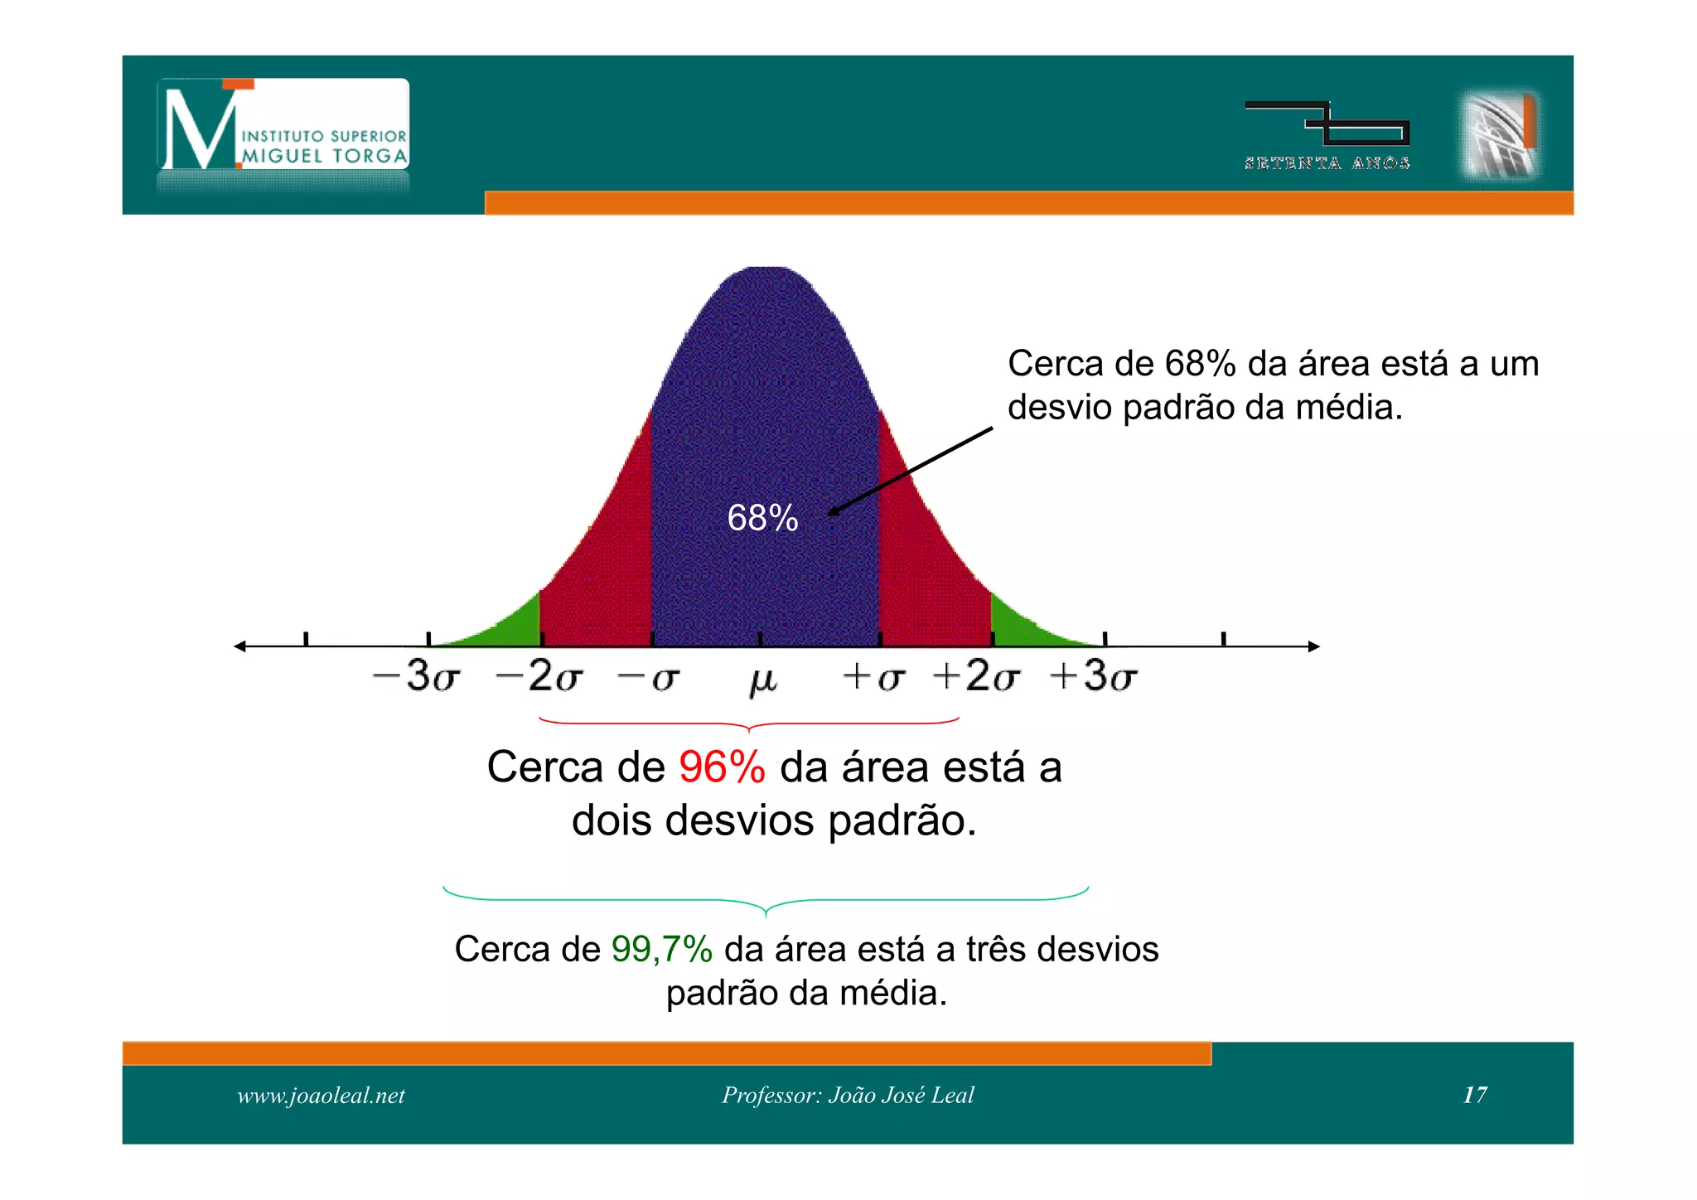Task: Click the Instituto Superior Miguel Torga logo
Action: pyautogui.click(x=283, y=125)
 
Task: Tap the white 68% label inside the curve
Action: pyautogui.click(x=762, y=519)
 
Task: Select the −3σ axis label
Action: pyautogui.click(x=416, y=676)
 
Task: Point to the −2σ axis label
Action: pyautogui.click(x=539, y=676)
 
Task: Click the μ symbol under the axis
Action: pyautogui.click(x=763, y=680)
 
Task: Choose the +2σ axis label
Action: pyautogui.click(x=976, y=676)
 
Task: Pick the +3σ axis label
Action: pyautogui.click(x=1094, y=676)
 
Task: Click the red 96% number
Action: pyautogui.click(x=722, y=767)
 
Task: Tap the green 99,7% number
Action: pyautogui.click(x=662, y=949)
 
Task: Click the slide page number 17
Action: pyautogui.click(x=1475, y=1095)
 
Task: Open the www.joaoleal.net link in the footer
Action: pyautogui.click(x=322, y=1096)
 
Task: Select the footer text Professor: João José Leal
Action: pyautogui.click(x=848, y=1095)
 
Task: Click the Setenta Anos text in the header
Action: pyautogui.click(x=1327, y=163)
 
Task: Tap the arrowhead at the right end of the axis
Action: pyautogui.click(x=1313, y=646)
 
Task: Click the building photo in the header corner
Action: pyautogui.click(x=1501, y=134)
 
